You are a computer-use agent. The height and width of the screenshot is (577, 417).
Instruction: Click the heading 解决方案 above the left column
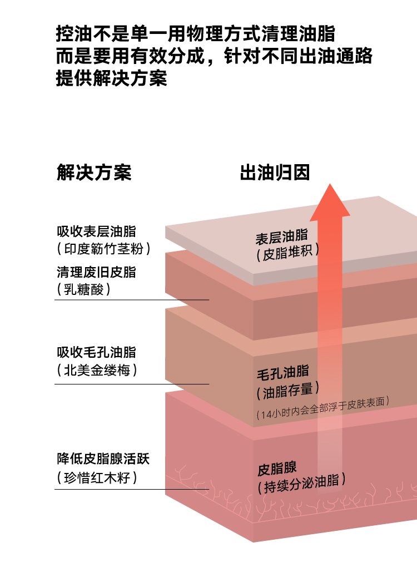point(94,172)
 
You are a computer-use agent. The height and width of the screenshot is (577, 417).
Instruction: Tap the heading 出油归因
point(275,172)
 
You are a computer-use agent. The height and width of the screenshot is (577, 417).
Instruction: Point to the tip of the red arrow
point(330,184)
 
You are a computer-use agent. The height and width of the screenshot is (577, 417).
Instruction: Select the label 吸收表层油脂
point(96,231)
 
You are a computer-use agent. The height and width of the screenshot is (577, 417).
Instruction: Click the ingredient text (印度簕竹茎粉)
point(103,249)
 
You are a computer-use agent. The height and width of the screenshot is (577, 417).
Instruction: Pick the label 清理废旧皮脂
point(96,272)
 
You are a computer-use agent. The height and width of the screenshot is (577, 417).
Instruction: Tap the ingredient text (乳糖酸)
point(83,289)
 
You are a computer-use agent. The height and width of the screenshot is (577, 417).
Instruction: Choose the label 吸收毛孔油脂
point(96,352)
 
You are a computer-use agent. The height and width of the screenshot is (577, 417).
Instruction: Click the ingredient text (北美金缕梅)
point(97,370)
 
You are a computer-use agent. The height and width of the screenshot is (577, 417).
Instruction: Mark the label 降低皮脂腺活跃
point(103,458)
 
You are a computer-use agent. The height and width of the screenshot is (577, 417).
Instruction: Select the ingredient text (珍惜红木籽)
point(97,477)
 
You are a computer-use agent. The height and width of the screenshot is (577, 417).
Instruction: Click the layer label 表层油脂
point(282,236)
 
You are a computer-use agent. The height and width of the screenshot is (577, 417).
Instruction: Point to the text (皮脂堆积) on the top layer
point(287,253)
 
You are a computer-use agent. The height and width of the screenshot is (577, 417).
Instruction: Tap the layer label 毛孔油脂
point(283,372)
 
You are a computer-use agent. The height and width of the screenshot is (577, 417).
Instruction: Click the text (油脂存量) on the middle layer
point(287,391)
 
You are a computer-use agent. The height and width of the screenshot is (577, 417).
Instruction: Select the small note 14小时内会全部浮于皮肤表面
point(323,408)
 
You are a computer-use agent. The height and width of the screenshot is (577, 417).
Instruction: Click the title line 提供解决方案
point(111,78)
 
